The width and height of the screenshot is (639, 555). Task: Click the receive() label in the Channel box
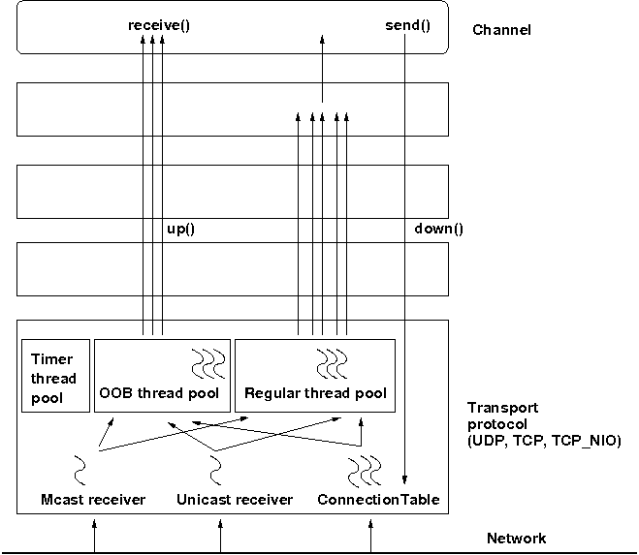[x=159, y=24]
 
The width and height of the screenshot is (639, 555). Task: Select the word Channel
[x=501, y=30]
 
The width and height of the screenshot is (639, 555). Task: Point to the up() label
[x=181, y=229]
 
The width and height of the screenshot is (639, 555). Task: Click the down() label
[x=438, y=229]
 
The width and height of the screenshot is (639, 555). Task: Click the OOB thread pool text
[x=160, y=393]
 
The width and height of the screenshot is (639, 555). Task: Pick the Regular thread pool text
[x=315, y=393]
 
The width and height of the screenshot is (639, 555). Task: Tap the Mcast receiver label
[x=94, y=500]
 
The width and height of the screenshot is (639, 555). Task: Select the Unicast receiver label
[x=235, y=500]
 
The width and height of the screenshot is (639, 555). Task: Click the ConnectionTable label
[x=378, y=500]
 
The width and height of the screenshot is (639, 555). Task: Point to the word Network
[x=516, y=539]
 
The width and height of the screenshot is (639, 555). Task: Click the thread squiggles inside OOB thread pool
[x=208, y=362]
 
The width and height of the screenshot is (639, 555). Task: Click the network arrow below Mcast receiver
[x=94, y=535]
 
